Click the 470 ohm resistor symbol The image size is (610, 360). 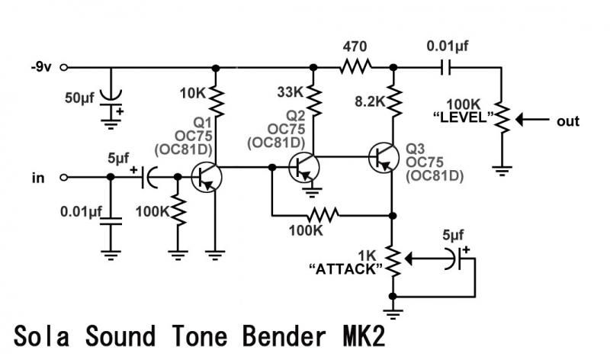[355, 67]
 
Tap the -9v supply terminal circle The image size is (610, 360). [64, 67]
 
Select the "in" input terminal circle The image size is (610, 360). [64, 178]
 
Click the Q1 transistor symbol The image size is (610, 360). [207, 178]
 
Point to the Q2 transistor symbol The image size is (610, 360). [303, 168]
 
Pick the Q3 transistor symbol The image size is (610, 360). [384, 158]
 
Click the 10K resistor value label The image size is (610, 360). [192, 93]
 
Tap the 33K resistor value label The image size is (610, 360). [290, 92]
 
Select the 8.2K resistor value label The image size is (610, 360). [370, 102]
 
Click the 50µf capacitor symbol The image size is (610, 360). [111, 101]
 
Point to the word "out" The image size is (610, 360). [568, 121]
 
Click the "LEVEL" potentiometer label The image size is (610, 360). [464, 117]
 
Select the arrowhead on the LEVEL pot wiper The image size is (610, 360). [522, 120]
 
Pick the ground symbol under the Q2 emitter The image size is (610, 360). [312, 192]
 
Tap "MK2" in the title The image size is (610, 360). [364, 336]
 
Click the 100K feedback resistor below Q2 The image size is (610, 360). [323, 215]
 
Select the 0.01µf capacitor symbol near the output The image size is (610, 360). [446, 67]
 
